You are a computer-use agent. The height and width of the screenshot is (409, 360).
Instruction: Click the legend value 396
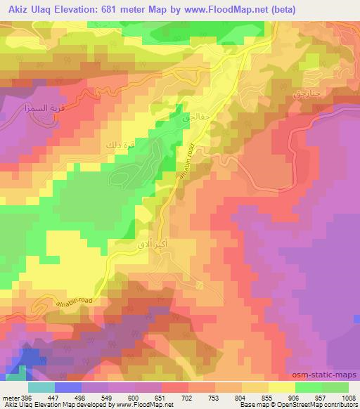pyautogui.click(x=25, y=397)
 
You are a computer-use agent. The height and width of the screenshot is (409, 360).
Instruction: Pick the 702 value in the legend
pyautogui.click(x=187, y=397)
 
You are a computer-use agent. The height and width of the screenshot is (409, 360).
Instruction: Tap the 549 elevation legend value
pyautogui.click(x=106, y=397)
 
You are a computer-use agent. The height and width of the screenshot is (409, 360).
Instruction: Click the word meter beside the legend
pyautogui.click(x=10, y=397)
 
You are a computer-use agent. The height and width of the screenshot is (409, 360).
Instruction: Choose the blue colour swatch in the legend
pyautogui.click(x=67, y=387)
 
